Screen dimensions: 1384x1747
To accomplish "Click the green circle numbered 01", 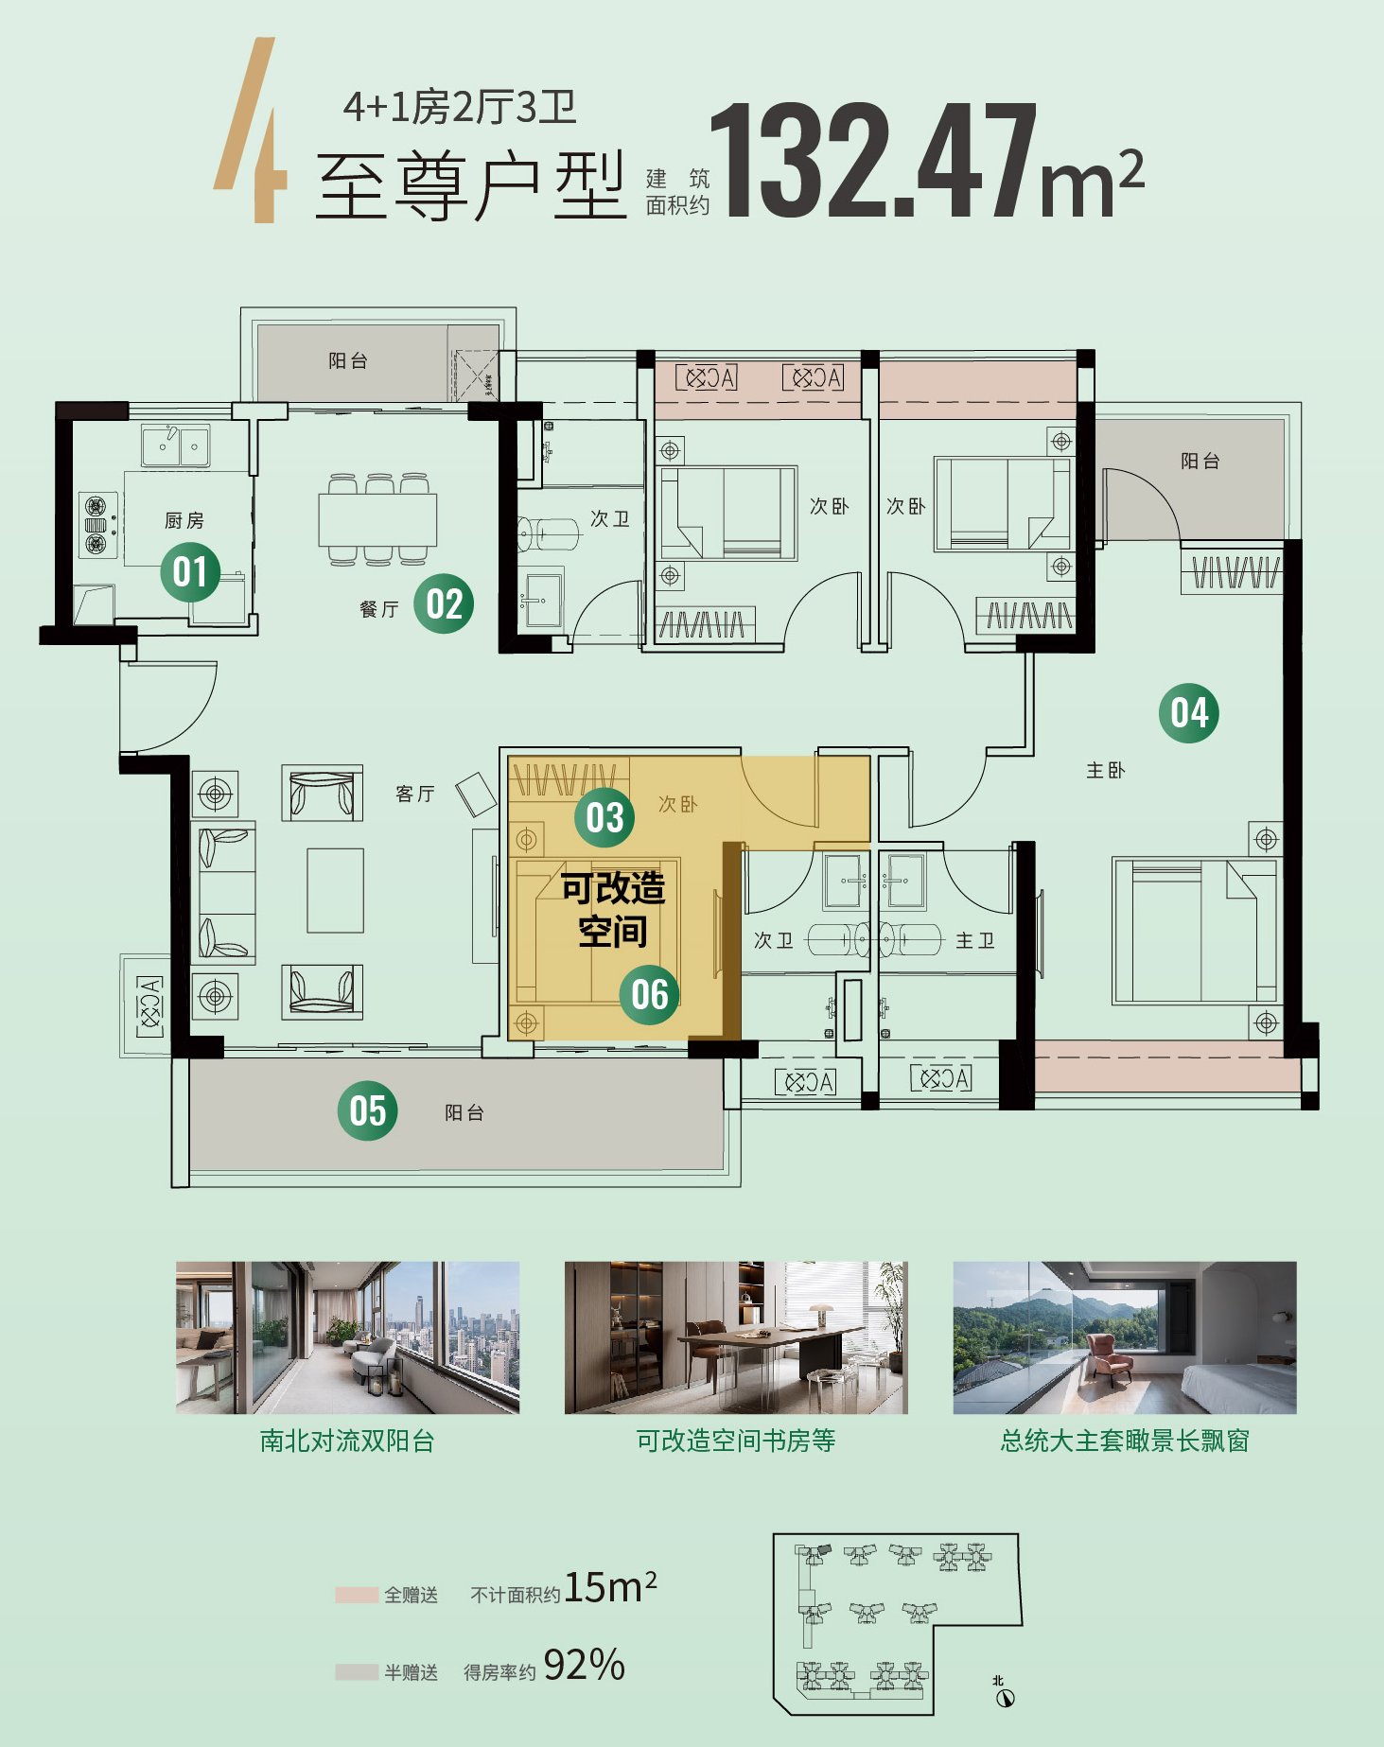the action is coord(190,572).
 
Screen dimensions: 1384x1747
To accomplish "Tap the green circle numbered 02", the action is coord(444,603).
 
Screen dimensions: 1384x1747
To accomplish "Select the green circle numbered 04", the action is coord(1189,713).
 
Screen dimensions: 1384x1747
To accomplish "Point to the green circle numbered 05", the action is coord(368,1110).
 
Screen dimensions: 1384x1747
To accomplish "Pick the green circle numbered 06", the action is coord(650,994).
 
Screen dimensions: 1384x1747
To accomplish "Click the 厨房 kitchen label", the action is coord(184,520).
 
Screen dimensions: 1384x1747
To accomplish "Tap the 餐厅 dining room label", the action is coord(379,609).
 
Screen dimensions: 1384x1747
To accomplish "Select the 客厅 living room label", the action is coord(415,794).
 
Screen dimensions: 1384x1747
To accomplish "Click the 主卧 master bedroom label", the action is coord(1106,770).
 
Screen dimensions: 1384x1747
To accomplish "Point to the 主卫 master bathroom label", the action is coord(975,940).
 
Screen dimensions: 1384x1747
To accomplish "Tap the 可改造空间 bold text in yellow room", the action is coord(613,910).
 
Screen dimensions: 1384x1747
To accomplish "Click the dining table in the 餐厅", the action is coord(377,519).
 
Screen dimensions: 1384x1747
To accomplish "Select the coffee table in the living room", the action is coord(335,890).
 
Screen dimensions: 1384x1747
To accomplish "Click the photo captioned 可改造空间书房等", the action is coord(736,1337).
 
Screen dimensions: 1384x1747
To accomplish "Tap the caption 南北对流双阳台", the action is coord(347,1441).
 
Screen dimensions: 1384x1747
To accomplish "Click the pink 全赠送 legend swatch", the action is coord(357,1595).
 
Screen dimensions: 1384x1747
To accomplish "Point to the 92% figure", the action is coord(585,1665).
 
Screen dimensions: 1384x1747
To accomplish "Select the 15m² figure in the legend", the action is coord(610,1587).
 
